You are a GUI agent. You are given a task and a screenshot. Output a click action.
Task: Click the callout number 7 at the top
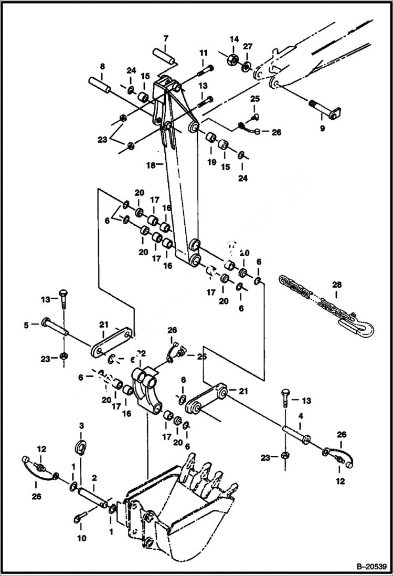166,38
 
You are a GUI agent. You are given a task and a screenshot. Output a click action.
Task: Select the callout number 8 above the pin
102,67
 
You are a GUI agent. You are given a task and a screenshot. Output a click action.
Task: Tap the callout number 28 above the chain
336,285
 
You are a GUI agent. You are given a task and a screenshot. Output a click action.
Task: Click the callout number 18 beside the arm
150,164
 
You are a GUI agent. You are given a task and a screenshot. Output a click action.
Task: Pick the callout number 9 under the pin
323,128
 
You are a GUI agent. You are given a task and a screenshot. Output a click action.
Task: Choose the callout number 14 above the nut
234,39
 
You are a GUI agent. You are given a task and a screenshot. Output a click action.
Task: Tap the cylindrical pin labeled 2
93,496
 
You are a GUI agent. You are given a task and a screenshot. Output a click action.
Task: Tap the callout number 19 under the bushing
211,162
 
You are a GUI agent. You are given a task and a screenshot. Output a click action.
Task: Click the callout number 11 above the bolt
204,53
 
